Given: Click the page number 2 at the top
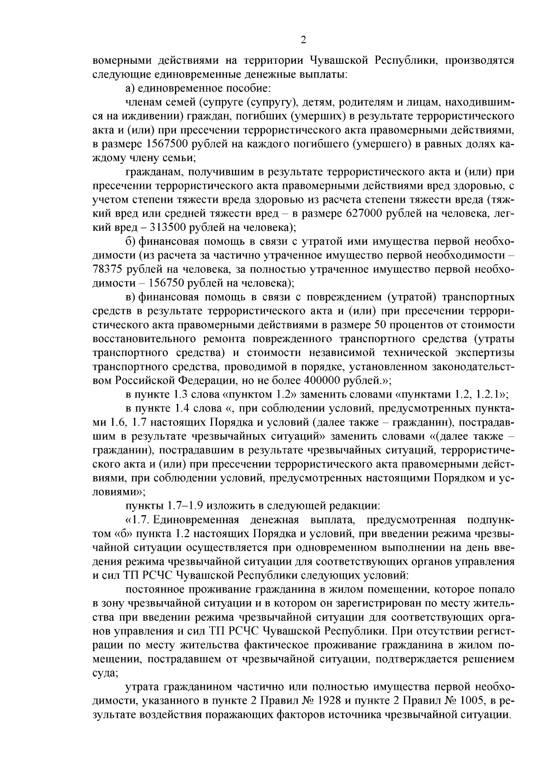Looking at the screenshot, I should pyautogui.click(x=303, y=40).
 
